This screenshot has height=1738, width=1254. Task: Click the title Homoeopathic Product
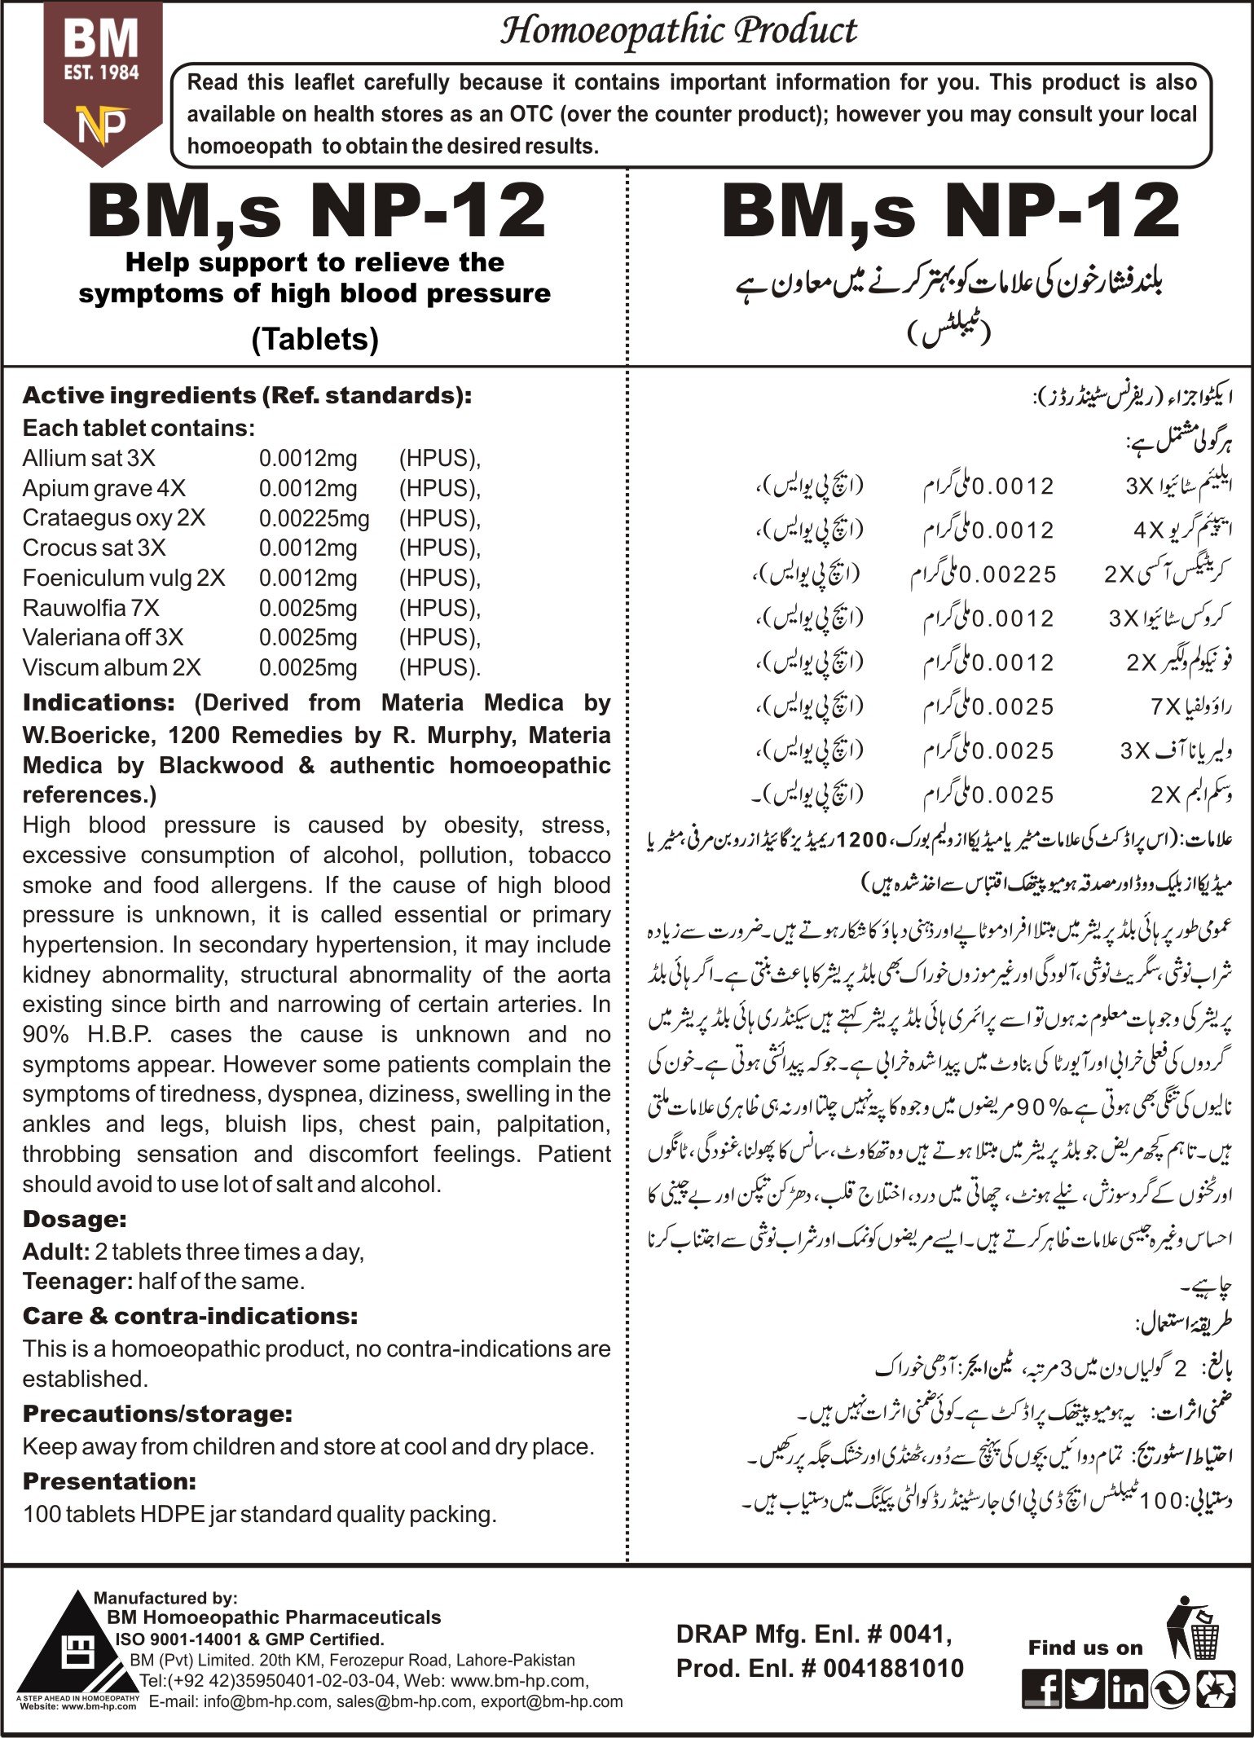pos(678,32)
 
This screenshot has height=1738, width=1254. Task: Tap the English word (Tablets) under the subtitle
pos(315,338)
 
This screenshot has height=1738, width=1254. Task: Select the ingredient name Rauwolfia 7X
pos(91,608)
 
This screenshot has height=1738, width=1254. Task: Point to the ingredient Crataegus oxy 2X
pos(114,518)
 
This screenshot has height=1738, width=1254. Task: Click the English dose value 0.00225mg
pos(314,518)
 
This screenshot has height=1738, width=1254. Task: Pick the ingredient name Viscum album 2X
pos(112,667)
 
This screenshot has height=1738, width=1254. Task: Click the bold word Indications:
pos(99,702)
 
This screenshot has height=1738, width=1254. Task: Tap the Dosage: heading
pos(74,1219)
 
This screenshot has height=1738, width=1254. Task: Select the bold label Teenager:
pos(77,1282)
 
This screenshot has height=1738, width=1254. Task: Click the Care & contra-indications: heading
pos(190,1316)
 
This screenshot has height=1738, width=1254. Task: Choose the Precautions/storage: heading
pos(157,1414)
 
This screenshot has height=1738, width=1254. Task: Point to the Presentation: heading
pos(109,1481)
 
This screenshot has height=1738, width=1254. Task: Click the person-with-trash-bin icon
pos(1194,1629)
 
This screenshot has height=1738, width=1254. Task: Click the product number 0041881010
pos(893,1668)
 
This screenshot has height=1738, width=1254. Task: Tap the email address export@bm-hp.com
pos(552,1701)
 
